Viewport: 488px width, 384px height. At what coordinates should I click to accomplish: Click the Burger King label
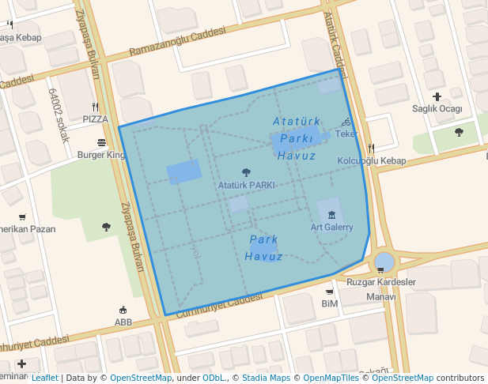point(100,155)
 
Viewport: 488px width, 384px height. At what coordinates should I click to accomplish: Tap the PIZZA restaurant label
point(95,119)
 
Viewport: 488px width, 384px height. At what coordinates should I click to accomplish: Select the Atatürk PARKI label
point(246,185)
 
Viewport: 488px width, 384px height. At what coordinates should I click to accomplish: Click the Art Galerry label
point(331,227)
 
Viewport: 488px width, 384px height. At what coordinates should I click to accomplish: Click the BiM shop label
point(330,303)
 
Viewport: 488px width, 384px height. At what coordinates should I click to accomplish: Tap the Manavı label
point(380,297)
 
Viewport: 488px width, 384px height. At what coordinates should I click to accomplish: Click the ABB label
point(123,322)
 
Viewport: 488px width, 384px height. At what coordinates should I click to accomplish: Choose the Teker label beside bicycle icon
point(346,134)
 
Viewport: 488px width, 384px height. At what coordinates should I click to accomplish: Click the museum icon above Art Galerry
point(331,215)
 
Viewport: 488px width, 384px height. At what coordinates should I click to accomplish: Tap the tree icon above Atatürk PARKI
point(246,172)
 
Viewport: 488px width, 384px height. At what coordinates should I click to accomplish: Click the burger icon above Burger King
point(101,143)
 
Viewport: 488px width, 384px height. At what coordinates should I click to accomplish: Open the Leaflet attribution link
point(44,378)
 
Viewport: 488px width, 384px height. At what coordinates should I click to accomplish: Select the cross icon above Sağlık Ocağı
point(437,96)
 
